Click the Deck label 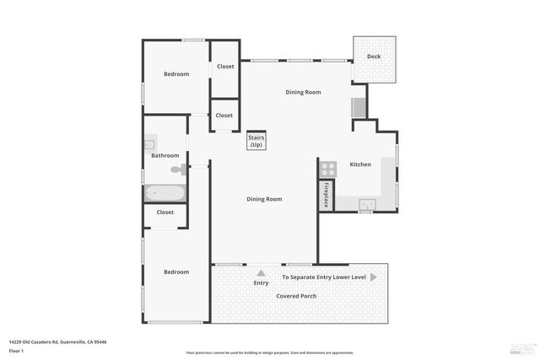pyautogui.click(x=373, y=57)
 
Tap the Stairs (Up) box pyautogui.click(x=256, y=141)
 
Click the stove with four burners pyautogui.click(x=327, y=168)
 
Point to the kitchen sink pyautogui.click(x=367, y=203)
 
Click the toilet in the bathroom pyautogui.click(x=177, y=169)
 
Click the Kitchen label pyautogui.click(x=360, y=164)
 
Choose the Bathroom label pyautogui.click(x=165, y=155)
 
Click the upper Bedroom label pyautogui.click(x=175, y=74)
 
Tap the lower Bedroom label pyautogui.click(x=175, y=271)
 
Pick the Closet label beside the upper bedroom pyautogui.click(x=225, y=67)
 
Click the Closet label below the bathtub pyautogui.click(x=165, y=212)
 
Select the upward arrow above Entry pyautogui.click(x=261, y=273)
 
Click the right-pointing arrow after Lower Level pyautogui.click(x=373, y=277)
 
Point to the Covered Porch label pyautogui.click(x=296, y=296)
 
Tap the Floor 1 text pyautogui.click(x=17, y=350)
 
